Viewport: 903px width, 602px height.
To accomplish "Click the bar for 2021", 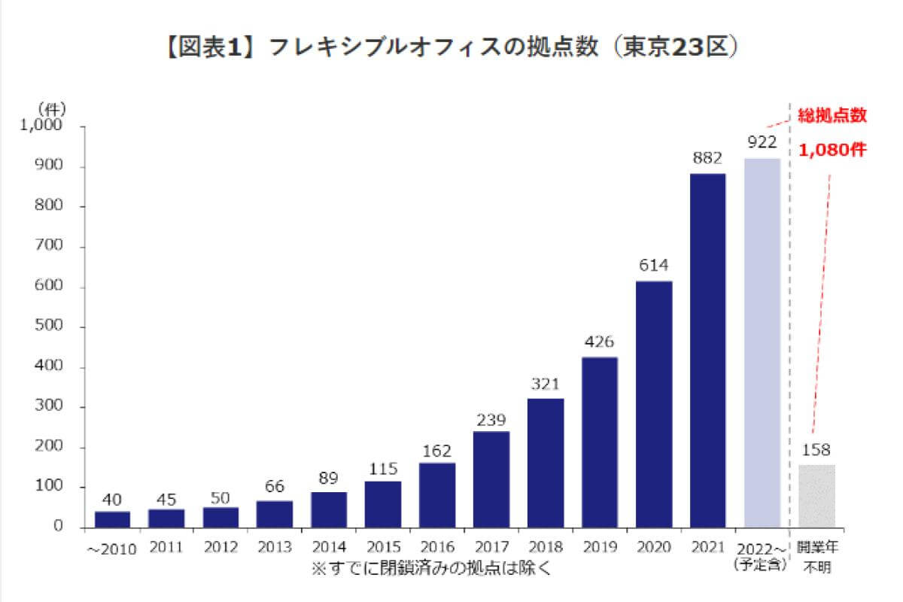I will [x=708, y=351].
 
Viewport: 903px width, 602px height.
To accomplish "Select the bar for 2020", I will [x=654, y=404].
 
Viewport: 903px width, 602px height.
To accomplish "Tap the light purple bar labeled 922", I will [x=762, y=342].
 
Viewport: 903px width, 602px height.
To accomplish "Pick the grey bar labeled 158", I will [x=816, y=496].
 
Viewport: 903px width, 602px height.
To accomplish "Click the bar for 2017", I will [x=491, y=479].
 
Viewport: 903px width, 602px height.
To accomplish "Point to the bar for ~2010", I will [x=112, y=519].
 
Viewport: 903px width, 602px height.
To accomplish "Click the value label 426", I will [x=600, y=342].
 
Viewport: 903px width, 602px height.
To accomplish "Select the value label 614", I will [x=654, y=266].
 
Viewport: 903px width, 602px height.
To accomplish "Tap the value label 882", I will [x=708, y=158].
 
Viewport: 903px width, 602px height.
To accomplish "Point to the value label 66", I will [x=275, y=486].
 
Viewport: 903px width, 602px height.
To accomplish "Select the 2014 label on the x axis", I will [x=329, y=547].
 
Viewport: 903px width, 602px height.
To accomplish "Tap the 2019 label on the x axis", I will [x=600, y=547].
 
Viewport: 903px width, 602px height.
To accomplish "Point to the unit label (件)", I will [x=52, y=109].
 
